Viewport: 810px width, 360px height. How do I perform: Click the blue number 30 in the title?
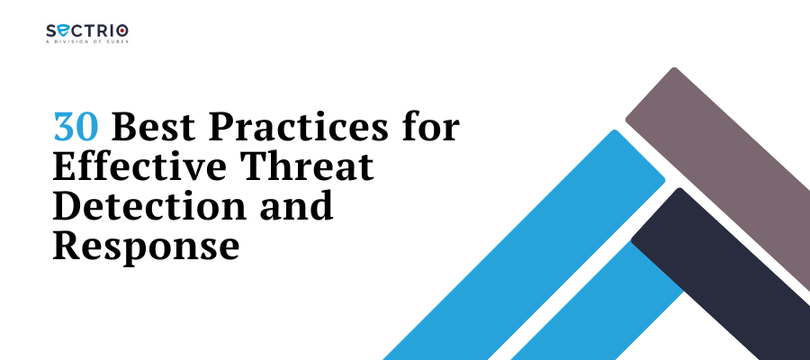click(76, 127)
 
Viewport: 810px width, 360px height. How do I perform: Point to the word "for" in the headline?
click(429, 127)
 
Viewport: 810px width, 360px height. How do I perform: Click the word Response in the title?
click(146, 247)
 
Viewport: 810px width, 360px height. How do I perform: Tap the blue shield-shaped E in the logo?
click(61, 31)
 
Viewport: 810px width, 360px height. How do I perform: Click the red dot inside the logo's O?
click(122, 31)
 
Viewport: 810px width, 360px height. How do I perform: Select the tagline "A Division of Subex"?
click(86, 41)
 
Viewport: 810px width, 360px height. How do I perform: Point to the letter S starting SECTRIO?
click(50, 31)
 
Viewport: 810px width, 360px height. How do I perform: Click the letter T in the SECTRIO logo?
click(85, 31)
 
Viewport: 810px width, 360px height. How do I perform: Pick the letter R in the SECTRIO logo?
click(99, 31)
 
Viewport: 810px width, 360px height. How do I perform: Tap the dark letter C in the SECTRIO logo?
click(74, 31)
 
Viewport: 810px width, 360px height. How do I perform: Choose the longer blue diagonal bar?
click(524, 245)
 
